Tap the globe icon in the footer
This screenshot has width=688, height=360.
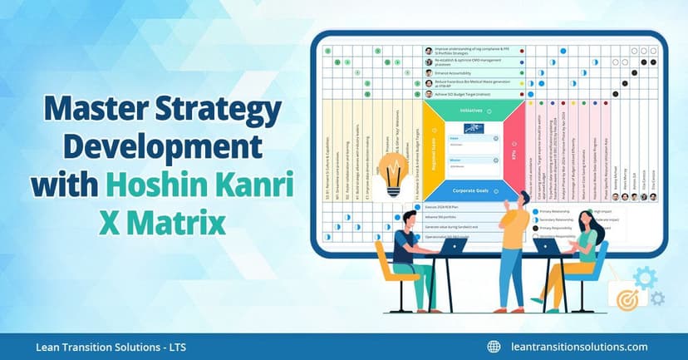pos(494,347)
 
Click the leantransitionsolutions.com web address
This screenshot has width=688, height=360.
pos(578,347)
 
